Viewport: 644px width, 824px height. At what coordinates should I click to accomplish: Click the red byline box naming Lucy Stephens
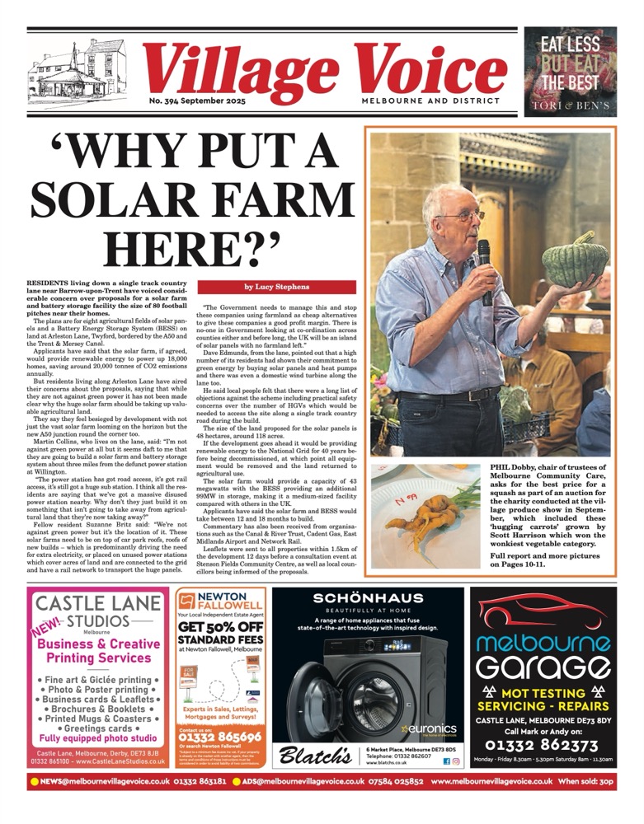[x=277, y=287]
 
